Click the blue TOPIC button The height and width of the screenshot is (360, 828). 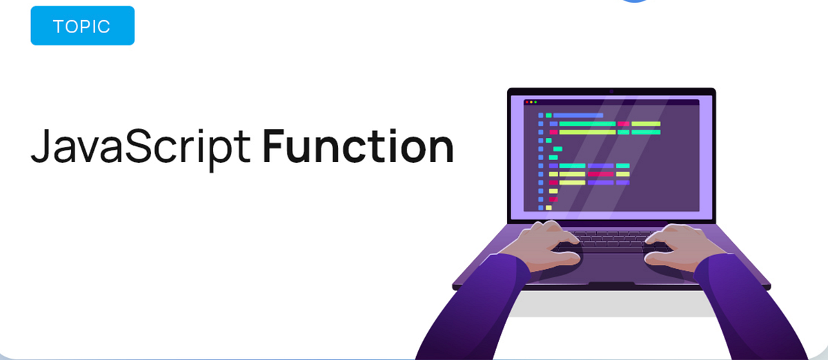tap(82, 27)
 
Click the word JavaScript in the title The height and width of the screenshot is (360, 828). tap(140, 147)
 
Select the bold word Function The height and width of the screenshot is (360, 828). tap(357, 146)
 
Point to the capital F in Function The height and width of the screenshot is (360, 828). tap(274, 146)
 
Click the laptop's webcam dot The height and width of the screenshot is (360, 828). tap(611, 92)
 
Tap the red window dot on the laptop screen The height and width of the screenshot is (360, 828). tap(527, 102)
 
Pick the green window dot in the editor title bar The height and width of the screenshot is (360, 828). tap(535, 102)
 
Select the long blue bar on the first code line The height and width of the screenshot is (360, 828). tap(578, 115)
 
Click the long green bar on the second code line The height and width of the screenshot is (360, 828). tap(586, 124)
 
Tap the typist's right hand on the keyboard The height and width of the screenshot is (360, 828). tap(671, 241)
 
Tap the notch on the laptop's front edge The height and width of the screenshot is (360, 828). tap(611, 284)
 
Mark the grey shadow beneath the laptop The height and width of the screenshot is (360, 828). tap(611, 303)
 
